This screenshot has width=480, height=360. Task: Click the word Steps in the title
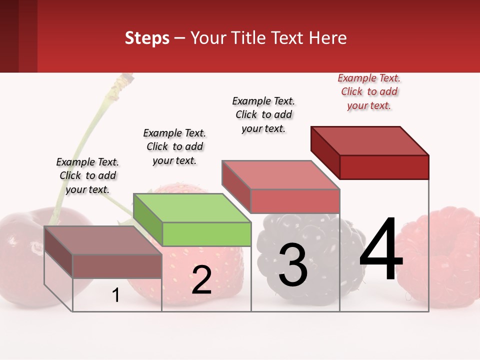(147, 38)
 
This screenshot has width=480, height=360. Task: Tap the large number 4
(381, 249)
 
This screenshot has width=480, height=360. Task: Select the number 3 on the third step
(292, 265)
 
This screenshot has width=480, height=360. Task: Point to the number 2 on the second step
(201, 280)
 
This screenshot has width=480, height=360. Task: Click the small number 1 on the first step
(115, 295)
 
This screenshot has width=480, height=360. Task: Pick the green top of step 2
(192, 208)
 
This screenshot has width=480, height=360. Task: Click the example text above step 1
(87, 175)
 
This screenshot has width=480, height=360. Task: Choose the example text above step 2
(174, 146)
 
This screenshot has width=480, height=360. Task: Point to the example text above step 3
(263, 114)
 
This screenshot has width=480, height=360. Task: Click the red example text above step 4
(369, 91)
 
